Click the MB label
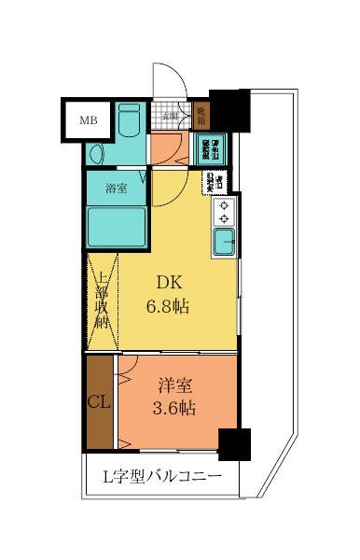point(88,119)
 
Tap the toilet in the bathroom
point(129,119)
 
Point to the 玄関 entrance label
point(170,117)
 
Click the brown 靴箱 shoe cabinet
point(201,116)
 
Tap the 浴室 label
point(117,189)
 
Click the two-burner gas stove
point(225,213)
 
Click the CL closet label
point(100,402)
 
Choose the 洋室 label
point(174,384)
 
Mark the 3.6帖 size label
point(174,407)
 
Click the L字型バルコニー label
point(161,478)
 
